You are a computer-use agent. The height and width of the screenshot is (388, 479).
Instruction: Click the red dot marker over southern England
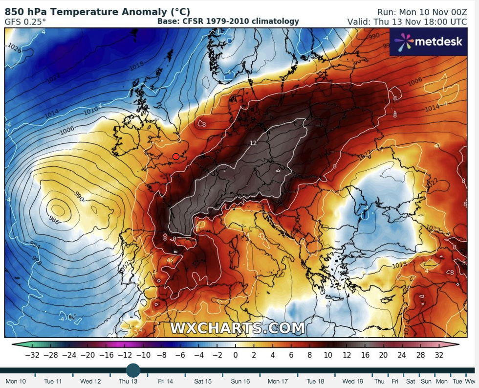tap(176, 157)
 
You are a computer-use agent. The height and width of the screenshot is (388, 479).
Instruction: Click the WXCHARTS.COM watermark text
tap(237, 327)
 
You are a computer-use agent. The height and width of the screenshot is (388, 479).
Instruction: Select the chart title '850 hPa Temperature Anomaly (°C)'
tap(98, 11)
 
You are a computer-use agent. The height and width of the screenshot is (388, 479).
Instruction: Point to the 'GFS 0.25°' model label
tap(26, 22)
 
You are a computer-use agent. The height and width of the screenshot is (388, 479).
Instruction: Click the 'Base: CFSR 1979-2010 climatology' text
tap(228, 22)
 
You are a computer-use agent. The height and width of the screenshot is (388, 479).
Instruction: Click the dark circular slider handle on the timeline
tap(133, 370)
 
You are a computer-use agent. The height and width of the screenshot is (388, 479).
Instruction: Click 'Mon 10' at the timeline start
tap(16, 381)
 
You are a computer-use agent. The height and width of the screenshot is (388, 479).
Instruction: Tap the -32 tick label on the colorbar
tap(33, 354)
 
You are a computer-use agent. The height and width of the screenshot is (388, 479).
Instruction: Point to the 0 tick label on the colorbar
tap(235, 354)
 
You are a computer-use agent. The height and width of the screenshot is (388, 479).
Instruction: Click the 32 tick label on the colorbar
tap(439, 354)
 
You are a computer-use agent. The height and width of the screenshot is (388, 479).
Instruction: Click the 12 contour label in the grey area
tap(253, 143)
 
